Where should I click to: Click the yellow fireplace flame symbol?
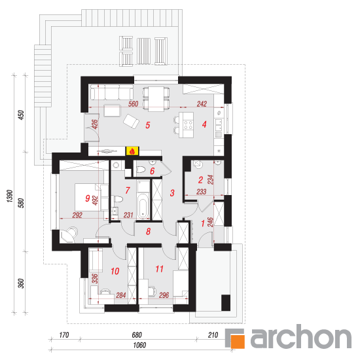(132, 151)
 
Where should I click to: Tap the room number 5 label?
(148, 125)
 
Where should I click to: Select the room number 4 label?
(204, 124)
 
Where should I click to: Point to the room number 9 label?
(87, 198)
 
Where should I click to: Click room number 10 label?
(115, 271)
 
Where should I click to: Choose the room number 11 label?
(159, 269)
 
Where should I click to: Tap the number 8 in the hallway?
(149, 232)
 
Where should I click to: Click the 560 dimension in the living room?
(133, 104)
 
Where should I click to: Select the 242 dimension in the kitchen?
(202, 104)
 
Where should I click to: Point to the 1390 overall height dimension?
(10, 196)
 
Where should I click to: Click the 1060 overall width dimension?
(139, 345)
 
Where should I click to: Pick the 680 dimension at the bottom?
(137, 335)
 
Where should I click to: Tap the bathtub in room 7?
(143, 206)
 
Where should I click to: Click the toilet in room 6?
(141, 170)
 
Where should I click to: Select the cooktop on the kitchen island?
(189, 124)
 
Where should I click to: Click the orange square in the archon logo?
(238, 342)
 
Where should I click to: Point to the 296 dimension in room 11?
(164, 295)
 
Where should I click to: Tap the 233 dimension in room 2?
(202, 192)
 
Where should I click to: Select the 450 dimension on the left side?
(21, 115)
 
